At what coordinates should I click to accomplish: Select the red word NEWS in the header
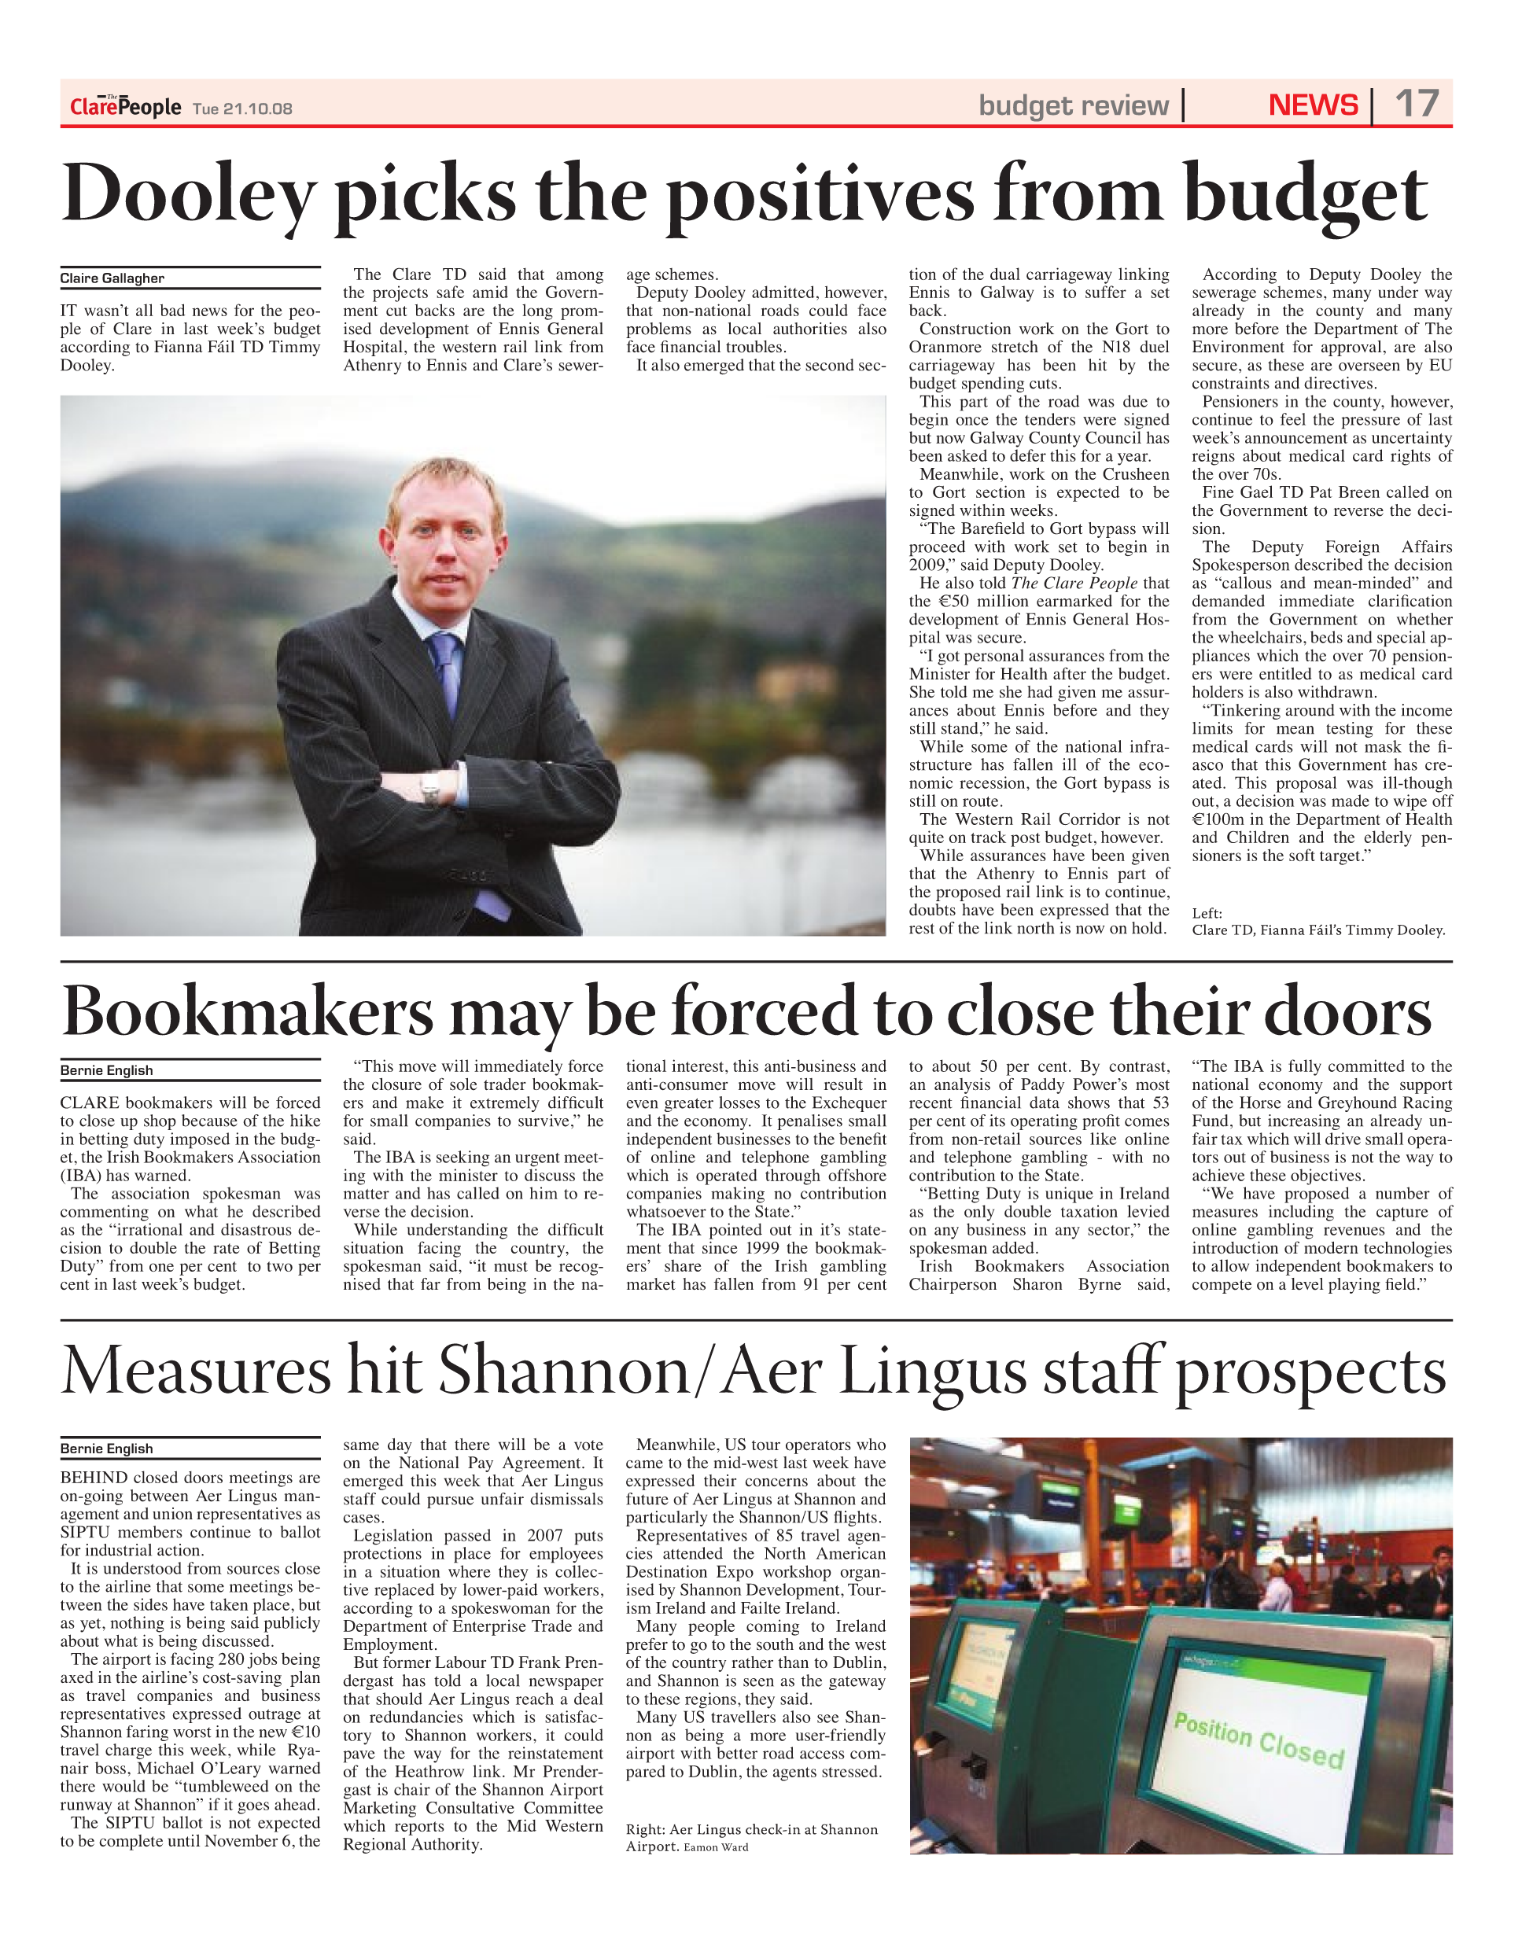click(x=1313, y=105)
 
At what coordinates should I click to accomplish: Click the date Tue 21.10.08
click(x=242, y=109)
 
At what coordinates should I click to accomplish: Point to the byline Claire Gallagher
click(x=112, y=278)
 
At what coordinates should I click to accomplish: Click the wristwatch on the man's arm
click(x=431, y=786)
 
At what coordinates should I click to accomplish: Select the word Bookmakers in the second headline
click(x=248, y=1013)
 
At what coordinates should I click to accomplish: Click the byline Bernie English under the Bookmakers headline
click(x=106, y=1070)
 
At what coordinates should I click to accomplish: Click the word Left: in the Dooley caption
click(x=1207, y=913)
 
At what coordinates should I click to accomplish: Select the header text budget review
click(x=1073, y=105)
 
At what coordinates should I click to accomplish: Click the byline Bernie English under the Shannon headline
click(x=106, y=1449)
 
